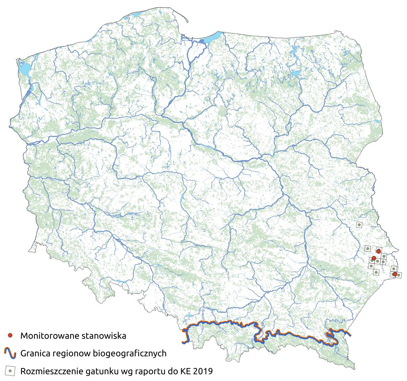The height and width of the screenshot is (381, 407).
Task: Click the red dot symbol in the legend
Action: pyautogui.click(x=10, y=335)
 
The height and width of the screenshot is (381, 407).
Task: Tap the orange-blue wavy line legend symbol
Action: pyautogui.click(x=10, y=353)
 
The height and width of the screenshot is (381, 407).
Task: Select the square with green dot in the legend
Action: pyautogui.click(x=10, y=371)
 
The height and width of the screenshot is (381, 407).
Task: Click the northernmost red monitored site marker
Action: pyautogui.click(x=379, y=251)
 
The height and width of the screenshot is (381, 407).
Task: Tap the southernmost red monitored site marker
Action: pyautogui.click(x=394, y=274)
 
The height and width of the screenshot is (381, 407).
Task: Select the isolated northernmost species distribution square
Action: pyautogui.click(x=359, y=224)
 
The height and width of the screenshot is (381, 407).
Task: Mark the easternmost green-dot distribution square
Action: pyautogui.click(x=399, y=275)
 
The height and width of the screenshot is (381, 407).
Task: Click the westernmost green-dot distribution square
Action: pyautogui.click(x=367, y=249)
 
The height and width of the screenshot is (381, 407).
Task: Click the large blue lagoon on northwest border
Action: pyautogui.click(x=24, y=69)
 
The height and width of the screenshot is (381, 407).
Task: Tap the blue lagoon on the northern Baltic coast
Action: pyautogui.click(x=213, y=35)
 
